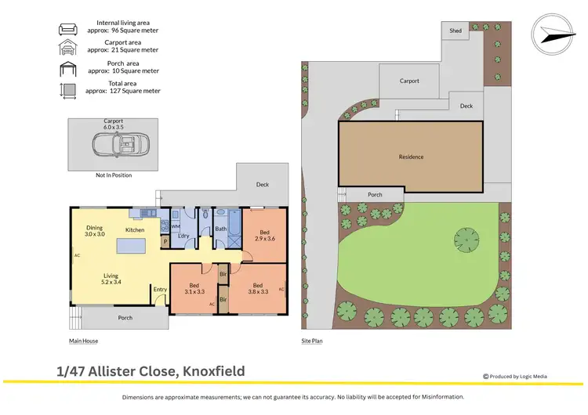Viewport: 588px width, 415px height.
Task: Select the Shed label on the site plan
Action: tap(456, 31)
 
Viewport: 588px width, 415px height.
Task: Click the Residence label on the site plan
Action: tap(411, 157)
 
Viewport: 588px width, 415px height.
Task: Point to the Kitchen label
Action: tap(135, 229)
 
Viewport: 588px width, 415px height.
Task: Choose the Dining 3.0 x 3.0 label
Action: tap(94, 231)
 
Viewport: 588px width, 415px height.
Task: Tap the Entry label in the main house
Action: tap(160, 290)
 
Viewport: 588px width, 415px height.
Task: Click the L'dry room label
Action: tap(184, 236)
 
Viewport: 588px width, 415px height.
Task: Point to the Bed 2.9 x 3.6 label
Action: tap(265, 234)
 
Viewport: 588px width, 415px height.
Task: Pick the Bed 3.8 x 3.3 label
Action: tap(258, 288)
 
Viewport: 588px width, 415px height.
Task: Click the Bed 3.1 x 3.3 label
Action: tap(194, 288)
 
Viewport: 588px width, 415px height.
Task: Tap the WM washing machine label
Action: tap(176, 226)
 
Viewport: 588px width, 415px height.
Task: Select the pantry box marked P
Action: tap(165, 243)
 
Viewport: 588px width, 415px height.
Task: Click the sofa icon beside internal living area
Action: tap(67, 30)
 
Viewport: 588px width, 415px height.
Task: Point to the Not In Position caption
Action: tap(114, 175)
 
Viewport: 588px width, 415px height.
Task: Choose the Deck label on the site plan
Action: tap(466, 106)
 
